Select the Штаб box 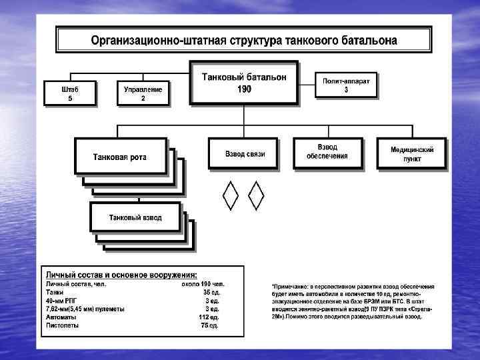point(70,93)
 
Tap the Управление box point(143,93)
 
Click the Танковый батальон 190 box point(244,83)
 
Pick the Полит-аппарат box point(346,85)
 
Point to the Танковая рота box point(119,157)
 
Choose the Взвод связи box point(245,154)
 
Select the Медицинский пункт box point(411,154)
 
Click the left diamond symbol point(230,195)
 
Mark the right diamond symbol point(256,195)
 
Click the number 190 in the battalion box point(244,89)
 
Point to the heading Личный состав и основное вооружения point(121,275)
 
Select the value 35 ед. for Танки point(211,292)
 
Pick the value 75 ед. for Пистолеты point(211,326)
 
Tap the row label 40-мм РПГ point(61,301)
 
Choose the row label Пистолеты point(62,326)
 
